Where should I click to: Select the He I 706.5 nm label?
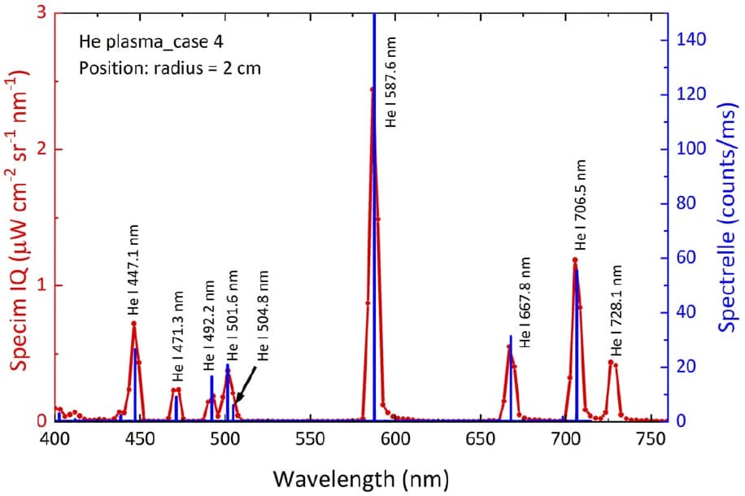coord(580,205)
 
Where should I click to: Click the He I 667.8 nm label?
coord(525,303)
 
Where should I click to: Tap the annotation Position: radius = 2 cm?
coord(170,67)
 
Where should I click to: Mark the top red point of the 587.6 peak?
coord(372,89)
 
